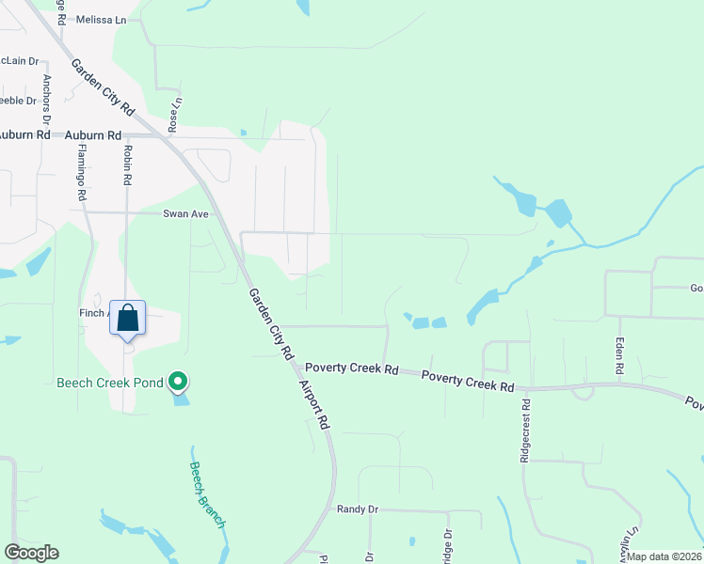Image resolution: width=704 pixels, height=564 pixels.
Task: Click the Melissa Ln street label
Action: point(101,19)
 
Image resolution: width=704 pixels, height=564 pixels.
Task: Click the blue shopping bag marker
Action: point(127,318)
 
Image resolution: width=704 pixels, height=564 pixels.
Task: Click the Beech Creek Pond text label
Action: point(109,383)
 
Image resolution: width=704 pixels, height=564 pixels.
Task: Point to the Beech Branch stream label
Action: point(207,493)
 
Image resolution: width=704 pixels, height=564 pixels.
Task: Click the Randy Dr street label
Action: point(357,509)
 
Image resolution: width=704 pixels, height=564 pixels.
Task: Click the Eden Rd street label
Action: point(619,356)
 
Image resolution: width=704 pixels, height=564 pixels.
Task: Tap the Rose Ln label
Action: point(174,115)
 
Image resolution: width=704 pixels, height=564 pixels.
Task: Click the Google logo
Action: point(31,553)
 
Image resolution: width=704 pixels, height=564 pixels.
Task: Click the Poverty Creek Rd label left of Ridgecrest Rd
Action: point(468,381)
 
